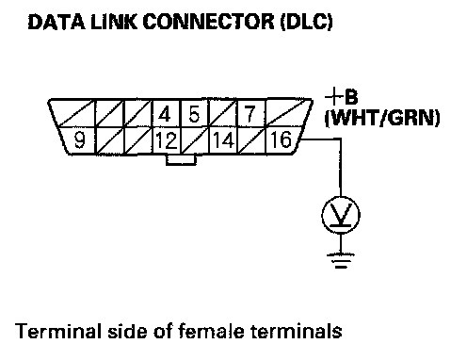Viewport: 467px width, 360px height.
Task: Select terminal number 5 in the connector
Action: click(x=194, y=113)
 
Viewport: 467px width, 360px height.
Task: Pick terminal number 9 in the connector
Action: click(x=78, y=140)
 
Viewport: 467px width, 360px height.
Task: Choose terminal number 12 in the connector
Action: click(x=166, y=140)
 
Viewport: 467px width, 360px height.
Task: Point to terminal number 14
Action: click(x=223, y=140)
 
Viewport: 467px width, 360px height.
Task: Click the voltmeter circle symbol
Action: click(x=341, y=215)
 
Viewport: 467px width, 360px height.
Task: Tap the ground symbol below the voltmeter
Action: click(x=341, y=261)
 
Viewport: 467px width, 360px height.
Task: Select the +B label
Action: click(x=342, y=97)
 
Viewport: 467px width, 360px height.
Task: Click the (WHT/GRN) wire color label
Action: click(x=382, y=118)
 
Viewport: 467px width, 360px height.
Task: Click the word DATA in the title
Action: click(x=56, y=22)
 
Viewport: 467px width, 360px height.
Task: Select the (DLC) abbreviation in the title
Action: click(x=307, y=22)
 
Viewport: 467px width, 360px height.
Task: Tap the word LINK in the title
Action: click(x=114, y=22)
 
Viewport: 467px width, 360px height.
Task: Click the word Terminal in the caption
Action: click(x=56, y=331)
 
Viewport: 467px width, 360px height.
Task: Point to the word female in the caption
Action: click(x=211, y=331)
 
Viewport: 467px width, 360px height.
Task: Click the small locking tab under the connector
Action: click(x=181, y=159)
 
